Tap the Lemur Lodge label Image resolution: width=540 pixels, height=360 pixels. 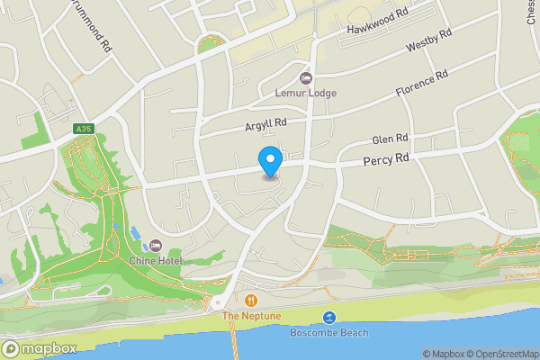(305, 92)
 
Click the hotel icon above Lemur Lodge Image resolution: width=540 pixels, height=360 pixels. (305, 78)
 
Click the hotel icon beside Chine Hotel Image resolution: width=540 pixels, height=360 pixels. (156, 246)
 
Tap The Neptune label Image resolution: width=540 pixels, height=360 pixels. (251, 316)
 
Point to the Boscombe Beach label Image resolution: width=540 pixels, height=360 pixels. (329, 332)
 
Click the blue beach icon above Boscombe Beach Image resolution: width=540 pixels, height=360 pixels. (329, 318)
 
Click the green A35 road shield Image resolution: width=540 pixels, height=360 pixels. (85, 130)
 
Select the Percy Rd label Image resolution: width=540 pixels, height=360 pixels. (386, 159)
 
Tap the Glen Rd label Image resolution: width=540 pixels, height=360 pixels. (391, 140)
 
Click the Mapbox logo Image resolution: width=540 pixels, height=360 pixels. (39, 348)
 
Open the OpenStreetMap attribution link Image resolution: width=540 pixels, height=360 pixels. (505, 354)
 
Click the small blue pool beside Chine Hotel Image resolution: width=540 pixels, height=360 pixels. (136, 234)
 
